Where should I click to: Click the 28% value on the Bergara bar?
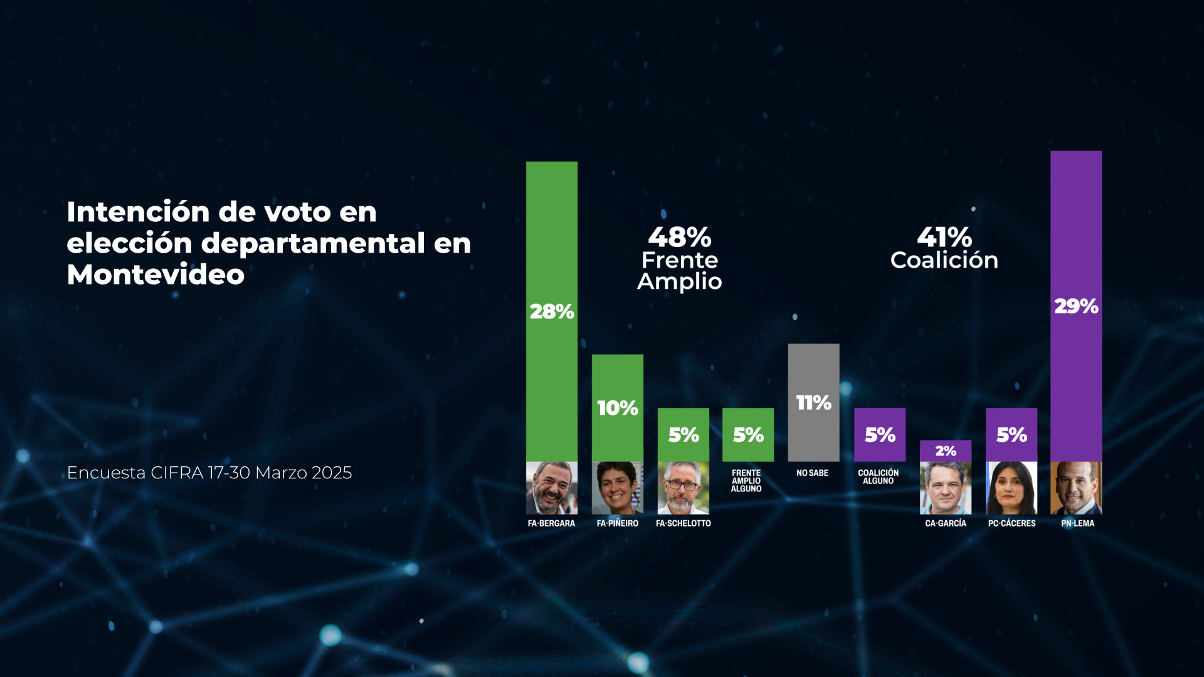point(552,312)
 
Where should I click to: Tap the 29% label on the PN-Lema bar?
point(1076,307)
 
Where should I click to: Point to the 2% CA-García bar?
point(946,451)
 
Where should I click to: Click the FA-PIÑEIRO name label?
point(618,523)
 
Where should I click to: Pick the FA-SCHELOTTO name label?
point(684,523)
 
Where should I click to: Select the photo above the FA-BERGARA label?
point(552,488)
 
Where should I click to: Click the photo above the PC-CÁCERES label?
point(1011,488)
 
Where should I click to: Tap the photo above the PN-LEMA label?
point(1076,488)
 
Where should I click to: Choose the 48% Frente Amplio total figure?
point(680,238)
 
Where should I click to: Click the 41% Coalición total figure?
point(944,238)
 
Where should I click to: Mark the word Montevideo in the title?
point(156,275)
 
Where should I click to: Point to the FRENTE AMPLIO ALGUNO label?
point(746,481)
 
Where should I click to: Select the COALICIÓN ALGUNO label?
point(879,477)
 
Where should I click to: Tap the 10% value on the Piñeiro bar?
point(618,408)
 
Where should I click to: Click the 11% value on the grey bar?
point(813,402)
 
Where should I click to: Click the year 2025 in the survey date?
point(332,473)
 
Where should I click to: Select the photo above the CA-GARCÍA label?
point(946,488)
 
